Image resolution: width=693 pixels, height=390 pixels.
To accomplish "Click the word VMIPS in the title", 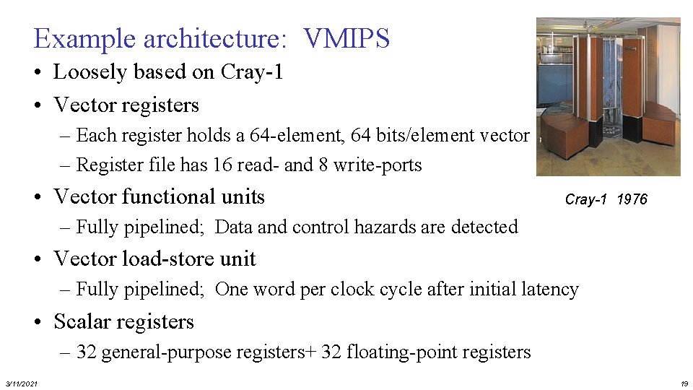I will coord(347,38).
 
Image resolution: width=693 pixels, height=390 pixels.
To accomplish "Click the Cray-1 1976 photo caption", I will coord(606,199).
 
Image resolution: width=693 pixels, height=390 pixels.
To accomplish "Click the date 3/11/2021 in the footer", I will coord(22,383).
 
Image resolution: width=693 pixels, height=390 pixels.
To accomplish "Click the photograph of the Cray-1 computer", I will coord(608,97).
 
